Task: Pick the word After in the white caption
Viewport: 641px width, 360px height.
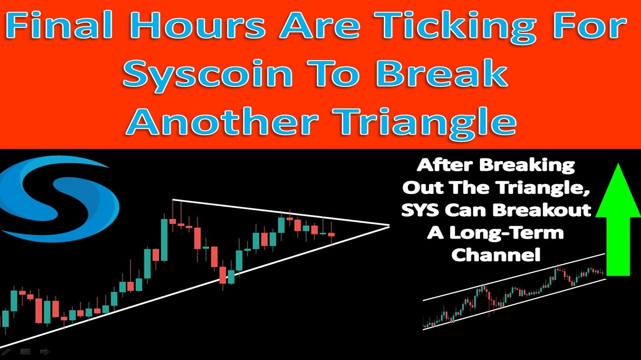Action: pyautogui.click(x=443, y=166)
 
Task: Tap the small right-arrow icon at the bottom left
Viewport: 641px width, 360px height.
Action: pyautogui.click(x=45, y=351)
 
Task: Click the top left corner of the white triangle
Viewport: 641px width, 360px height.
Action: pyautogui.click(x=173, y=199)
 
